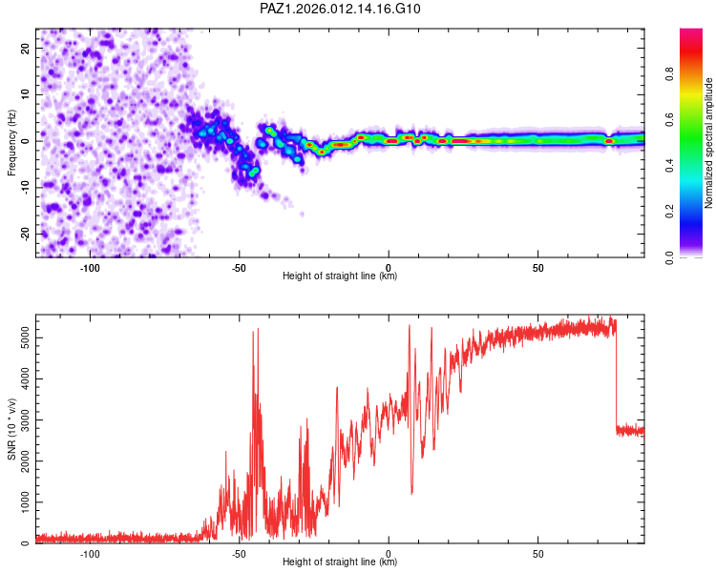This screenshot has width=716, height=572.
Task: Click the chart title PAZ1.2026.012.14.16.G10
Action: (x=341, y=9)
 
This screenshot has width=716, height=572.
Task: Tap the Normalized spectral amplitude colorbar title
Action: (x=709, y=143)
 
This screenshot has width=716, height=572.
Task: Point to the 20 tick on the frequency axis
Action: (x=25, y=48)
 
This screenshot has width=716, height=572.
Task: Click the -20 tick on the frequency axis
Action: (x=25, y=234)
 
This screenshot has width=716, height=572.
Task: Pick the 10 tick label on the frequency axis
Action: (x=25, y=94)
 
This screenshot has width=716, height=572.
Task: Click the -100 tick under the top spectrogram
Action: (x=91, y=268)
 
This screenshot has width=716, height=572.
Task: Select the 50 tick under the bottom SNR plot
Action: (x=537, y=554)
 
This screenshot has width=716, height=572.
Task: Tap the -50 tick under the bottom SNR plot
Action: (x=240, y=554)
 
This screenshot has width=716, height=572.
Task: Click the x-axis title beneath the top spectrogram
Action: (x=340, y=276)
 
